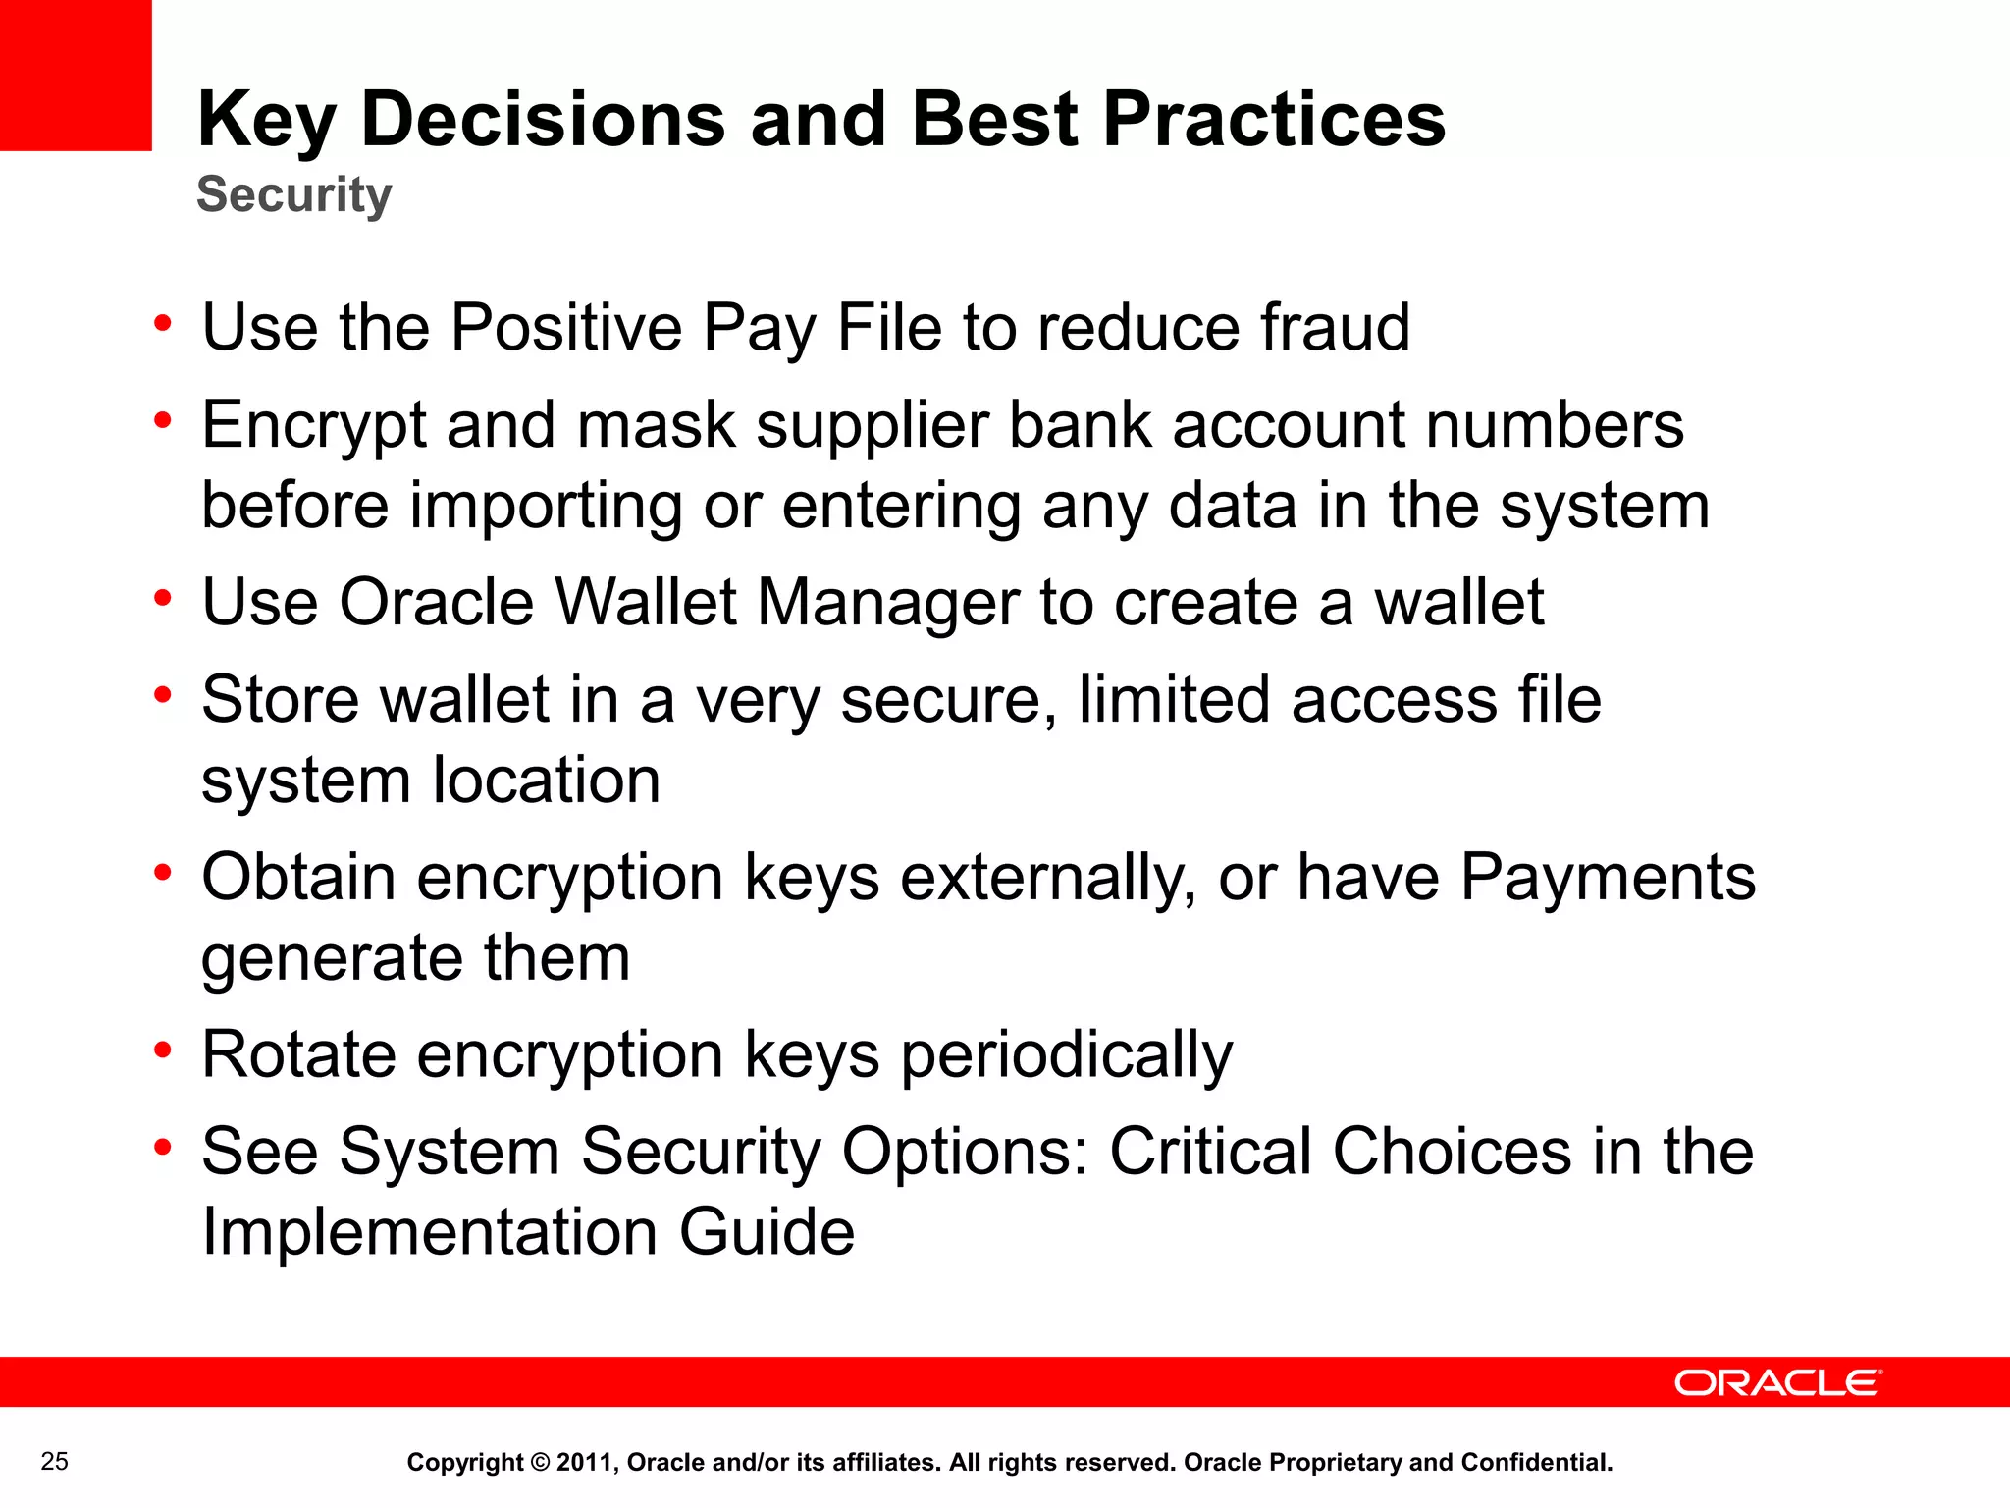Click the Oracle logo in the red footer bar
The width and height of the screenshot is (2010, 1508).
pos(1777,1382)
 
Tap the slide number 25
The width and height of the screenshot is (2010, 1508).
pos(55,1462)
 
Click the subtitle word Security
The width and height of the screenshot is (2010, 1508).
pos(293,194)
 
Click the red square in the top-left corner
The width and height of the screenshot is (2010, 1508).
pos(76,75)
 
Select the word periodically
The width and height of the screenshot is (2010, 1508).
pos(1066,1056)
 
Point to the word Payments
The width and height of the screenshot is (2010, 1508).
pos(1608,877)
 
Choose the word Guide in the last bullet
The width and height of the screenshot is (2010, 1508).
pos(767,1232)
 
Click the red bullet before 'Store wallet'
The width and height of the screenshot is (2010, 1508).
pos(163,695)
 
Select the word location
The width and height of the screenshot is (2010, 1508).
pos(547,781)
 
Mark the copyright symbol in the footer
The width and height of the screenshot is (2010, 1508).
pos(540,1463)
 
